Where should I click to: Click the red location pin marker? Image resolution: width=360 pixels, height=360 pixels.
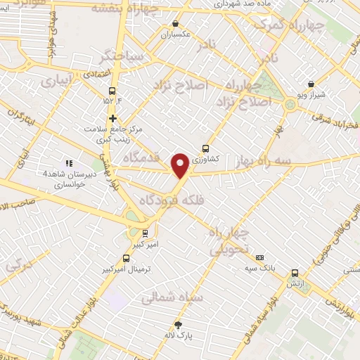click(181, 165)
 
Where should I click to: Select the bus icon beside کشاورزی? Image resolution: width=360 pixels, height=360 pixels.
click(205, 148)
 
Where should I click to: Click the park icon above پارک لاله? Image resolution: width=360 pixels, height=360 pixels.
click(179, 325)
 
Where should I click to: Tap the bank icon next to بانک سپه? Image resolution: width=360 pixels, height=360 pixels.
click(259, 258)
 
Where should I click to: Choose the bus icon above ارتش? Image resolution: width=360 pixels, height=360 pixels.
click(295, 273)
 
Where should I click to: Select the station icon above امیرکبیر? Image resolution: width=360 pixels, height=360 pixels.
click(146, 233)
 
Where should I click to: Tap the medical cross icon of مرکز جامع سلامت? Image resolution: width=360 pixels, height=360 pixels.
click(112, 118)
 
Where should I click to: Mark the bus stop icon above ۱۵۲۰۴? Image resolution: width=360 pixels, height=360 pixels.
click(112, 91)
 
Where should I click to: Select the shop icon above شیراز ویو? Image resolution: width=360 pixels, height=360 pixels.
click(311, 84)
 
